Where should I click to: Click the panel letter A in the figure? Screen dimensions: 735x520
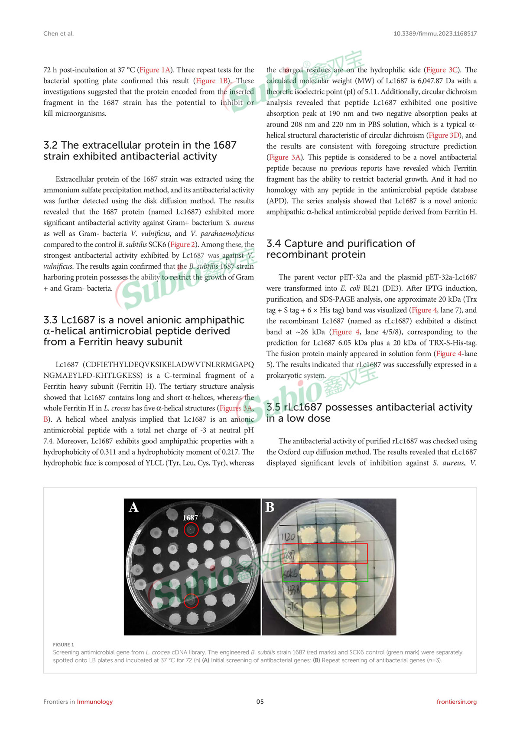coord(133,507)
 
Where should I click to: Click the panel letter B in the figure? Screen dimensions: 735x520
coord(270,507)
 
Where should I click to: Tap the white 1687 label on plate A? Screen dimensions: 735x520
coord(190,518)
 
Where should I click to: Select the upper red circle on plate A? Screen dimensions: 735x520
coord(191,530)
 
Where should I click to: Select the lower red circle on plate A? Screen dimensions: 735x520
coord(191,601)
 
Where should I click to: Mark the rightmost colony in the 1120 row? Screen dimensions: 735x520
coord(348,534)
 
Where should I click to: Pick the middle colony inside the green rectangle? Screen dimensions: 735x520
coord(327,572)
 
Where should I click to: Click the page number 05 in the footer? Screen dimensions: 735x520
coord(260,702)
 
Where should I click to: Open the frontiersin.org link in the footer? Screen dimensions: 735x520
coord(456,702)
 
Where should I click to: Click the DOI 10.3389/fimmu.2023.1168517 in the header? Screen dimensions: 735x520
coord(435,33)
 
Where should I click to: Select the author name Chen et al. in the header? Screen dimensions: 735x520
coord(58,33)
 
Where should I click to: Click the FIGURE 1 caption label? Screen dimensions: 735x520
coord(63,644)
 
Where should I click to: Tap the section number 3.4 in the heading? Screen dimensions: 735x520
coord(274,244)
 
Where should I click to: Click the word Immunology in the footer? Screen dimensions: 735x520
coord(94,702)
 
